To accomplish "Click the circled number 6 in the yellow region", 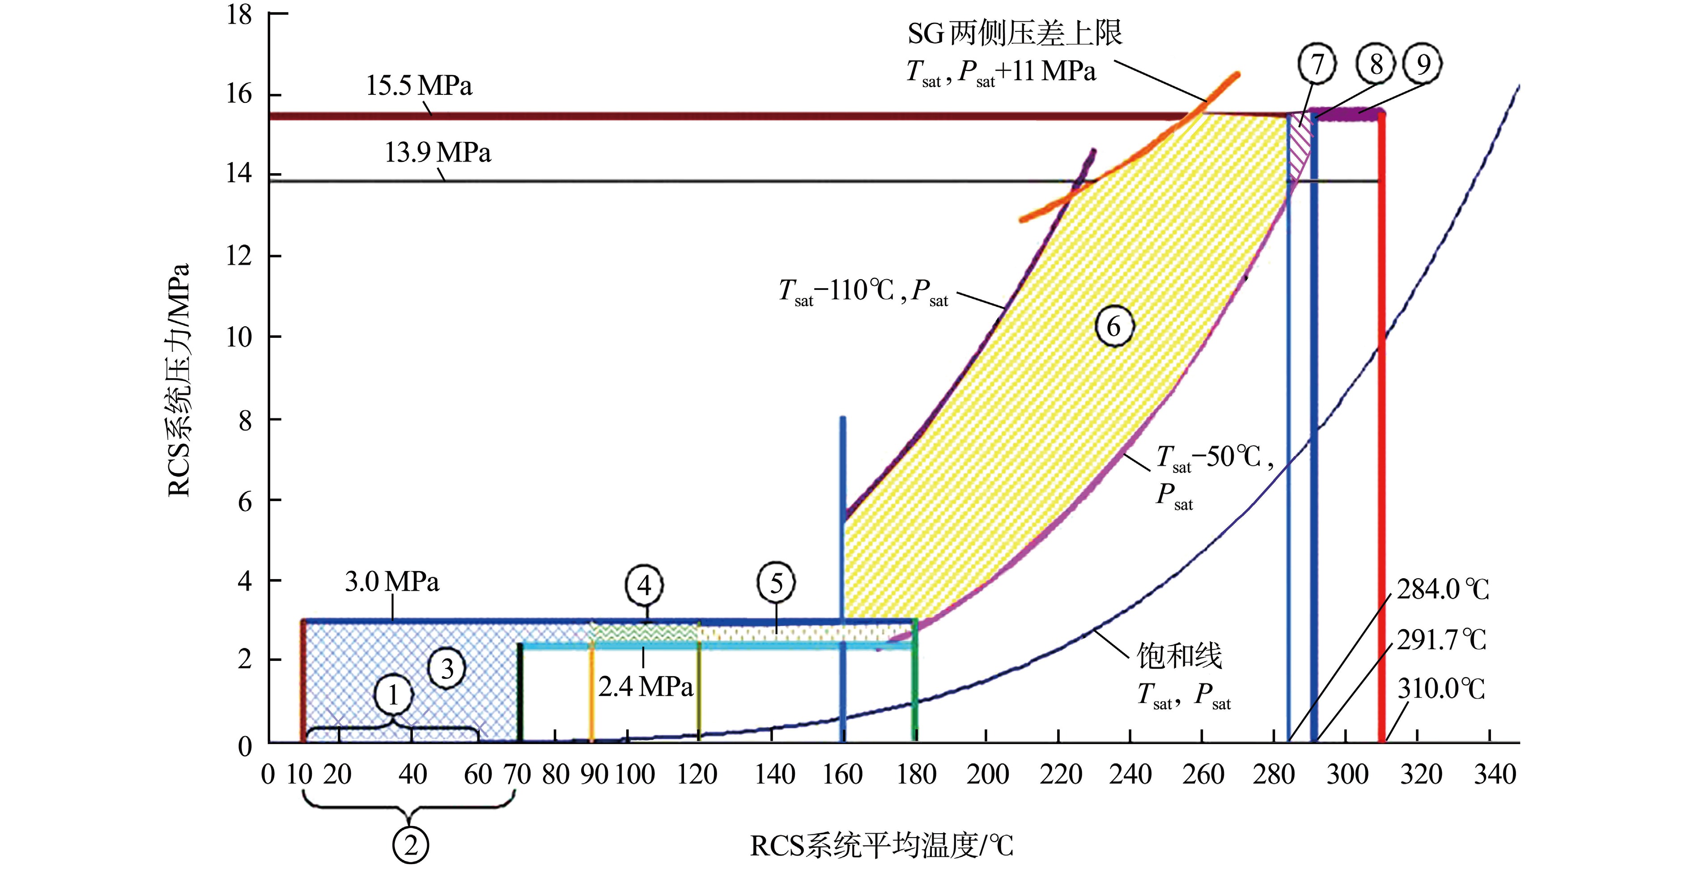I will coord(1114,326).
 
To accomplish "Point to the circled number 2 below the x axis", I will coord(411,845).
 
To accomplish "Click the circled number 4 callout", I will coord(644,585).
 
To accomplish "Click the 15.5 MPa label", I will coord(419,86).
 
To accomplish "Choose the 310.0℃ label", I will coord(1441,689).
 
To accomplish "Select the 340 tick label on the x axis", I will coord(1495,775).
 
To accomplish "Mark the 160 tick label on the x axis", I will coord(842,775).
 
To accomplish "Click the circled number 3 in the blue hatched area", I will coord(447,669).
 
